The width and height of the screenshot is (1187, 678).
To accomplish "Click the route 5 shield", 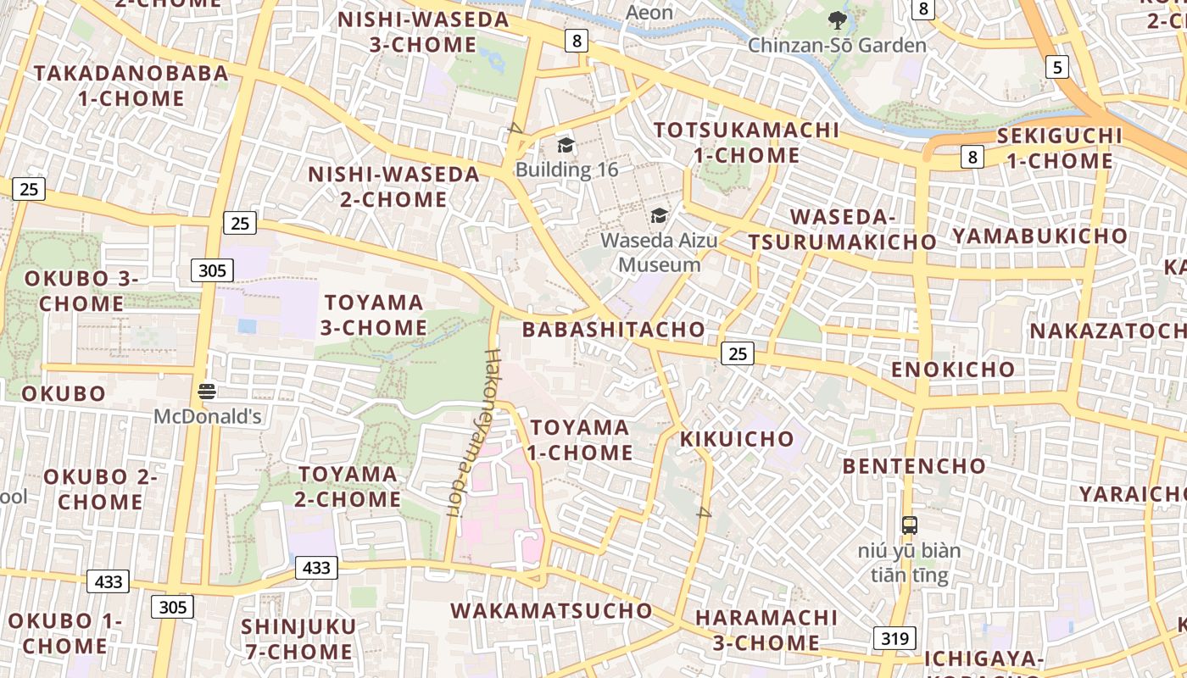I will (1056, 67).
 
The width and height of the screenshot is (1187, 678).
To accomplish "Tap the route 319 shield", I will (894, 638).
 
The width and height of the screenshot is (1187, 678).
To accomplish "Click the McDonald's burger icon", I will (207, 391).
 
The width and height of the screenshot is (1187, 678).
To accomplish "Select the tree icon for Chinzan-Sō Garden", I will (838, 20).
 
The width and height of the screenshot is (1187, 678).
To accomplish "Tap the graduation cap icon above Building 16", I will (566, 145).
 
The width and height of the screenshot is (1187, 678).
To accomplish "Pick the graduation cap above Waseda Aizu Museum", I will (659, 215).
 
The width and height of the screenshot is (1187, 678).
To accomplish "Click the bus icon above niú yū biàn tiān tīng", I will (910, 525).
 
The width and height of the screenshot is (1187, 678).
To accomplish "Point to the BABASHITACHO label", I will (614, 330).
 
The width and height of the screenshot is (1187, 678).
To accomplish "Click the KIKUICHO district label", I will (737, 439).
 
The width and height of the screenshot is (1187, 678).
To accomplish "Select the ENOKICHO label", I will (953, 370).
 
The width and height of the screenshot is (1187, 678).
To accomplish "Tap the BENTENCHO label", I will (914, 466).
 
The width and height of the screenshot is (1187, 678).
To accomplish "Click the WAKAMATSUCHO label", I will (552, 610).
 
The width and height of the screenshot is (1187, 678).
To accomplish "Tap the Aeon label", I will (649, 13).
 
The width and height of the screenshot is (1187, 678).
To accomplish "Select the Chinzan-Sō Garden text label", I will (837, 45).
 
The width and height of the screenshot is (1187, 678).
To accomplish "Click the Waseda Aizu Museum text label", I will (659, 253).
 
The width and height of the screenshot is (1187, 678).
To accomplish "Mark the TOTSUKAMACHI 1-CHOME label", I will (746, 142).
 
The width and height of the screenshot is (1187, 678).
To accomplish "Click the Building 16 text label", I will (567, 169).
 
